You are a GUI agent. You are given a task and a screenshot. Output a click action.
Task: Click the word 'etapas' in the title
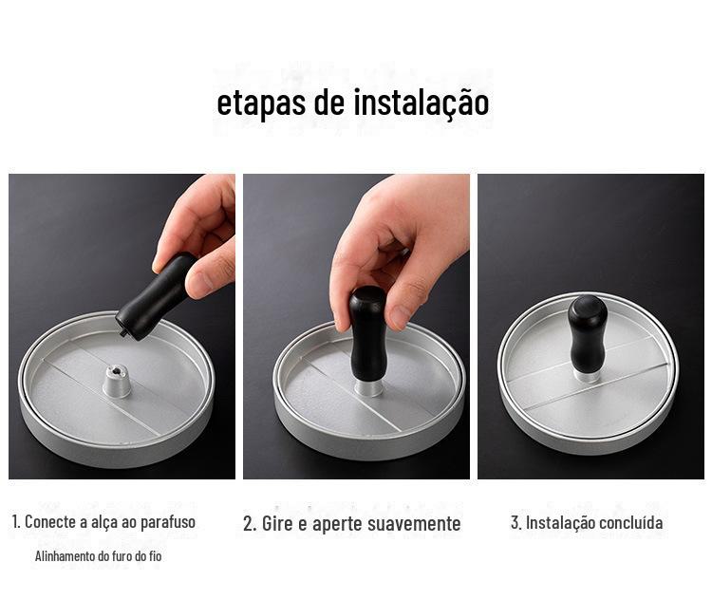[x=261, y=104]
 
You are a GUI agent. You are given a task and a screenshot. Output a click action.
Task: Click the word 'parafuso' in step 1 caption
[x=167, y=522]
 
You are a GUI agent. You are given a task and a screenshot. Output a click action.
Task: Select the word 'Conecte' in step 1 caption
[x=50, y=521]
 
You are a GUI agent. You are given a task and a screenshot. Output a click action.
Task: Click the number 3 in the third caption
[x=515, y=523]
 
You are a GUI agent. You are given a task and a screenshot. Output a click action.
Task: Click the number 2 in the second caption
[x=249, y=524]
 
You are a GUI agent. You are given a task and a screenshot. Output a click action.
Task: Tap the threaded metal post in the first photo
[x=117, y=382]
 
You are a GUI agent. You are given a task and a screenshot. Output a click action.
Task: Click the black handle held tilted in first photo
[x=156, y=296]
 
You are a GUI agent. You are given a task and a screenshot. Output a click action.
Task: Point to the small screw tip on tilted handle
[x=122, y=334]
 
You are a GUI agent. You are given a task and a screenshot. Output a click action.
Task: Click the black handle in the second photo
[x=367, y=334]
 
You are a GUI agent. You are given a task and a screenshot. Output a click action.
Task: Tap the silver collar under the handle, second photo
[x=368, y=388]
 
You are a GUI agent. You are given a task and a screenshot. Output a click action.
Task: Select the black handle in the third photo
[x=587, y=333]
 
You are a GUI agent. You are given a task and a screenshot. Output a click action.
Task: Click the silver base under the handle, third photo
[x=586, y=375]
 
